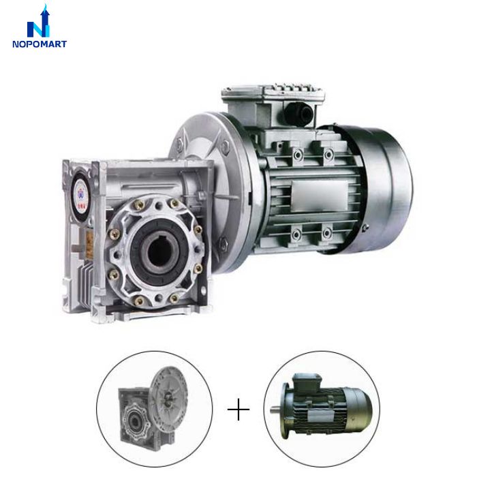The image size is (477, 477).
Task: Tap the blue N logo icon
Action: click(x=39, y=22)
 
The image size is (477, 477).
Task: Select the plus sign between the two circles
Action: click(x=238, y=410)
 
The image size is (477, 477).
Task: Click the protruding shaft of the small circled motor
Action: click(x=276, y=410)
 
